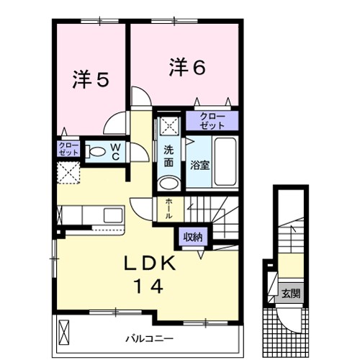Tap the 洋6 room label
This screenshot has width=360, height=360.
point(187,68)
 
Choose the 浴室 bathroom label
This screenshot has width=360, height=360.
point(199,165)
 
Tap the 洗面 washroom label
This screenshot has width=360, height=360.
point(168,157)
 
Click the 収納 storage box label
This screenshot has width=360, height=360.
point(192,237)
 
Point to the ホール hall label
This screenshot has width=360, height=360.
point(168,207)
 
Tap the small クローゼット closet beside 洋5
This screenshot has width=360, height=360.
point(68,149)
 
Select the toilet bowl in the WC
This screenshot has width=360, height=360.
point(94,152)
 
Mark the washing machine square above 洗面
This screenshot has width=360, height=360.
point(170,125)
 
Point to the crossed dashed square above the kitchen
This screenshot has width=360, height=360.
point(68,173)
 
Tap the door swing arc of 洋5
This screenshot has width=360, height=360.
point(115,125)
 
